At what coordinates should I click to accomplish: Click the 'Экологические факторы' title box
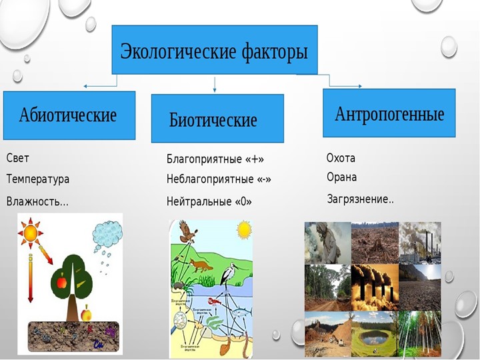tap(214, 50)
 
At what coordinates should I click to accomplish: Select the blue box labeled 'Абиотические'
tap(69, 115)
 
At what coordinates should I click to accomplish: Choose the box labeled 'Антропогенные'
tap(389, 113)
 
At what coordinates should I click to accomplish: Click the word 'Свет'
tap(18, 159)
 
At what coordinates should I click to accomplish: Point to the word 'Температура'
tap(37, 179)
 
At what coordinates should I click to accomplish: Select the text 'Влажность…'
tap(37, 201)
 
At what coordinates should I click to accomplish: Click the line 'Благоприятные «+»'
tap(215, 159)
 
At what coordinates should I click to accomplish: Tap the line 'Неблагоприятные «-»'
tap(218, 179)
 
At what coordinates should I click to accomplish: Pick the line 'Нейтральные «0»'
tap(209, 201)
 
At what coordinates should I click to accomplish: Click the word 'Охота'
tap(341, 159)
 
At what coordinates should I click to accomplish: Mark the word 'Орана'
tap(341, 177)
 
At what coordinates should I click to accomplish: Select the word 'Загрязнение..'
tap(360, 199)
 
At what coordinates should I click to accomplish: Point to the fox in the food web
tap(201, 266)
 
